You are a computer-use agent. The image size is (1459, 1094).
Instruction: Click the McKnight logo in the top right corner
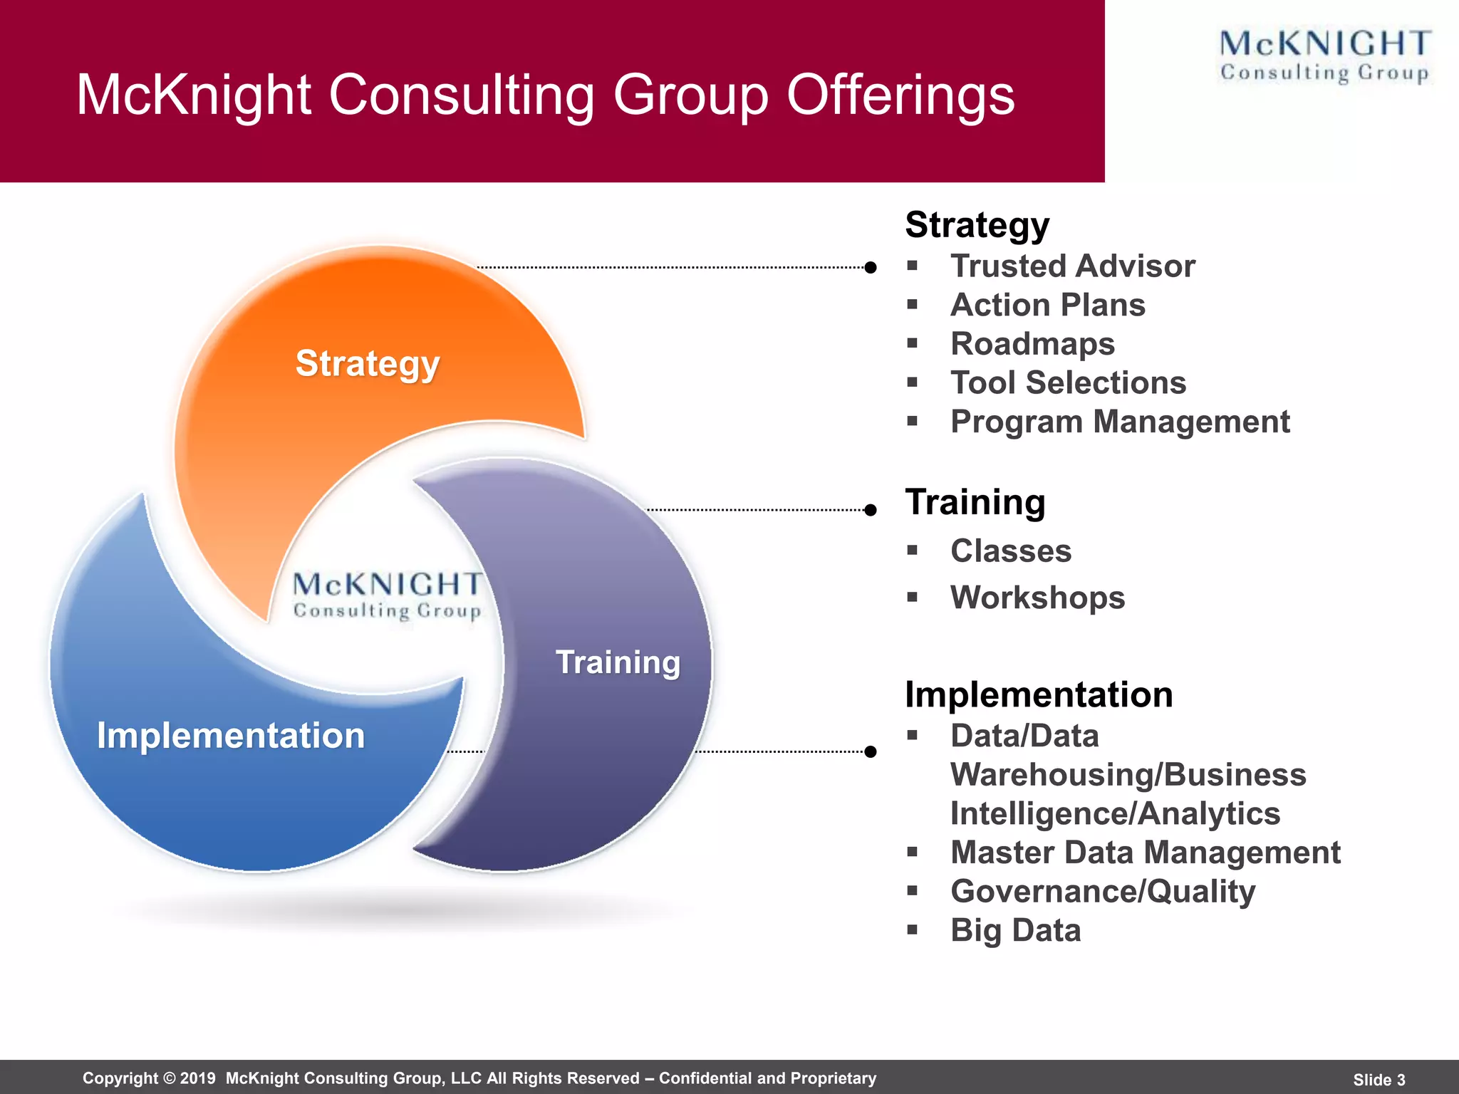[x=1324, y=56]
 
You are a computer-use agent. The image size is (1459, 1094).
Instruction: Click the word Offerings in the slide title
[x=900, y=95]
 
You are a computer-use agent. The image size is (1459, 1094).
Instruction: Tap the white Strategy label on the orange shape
[x=368, y=364]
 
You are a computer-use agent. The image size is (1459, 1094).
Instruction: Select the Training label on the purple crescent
[x=618, y=662]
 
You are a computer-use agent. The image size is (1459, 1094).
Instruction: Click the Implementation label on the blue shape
[x=231, y=736]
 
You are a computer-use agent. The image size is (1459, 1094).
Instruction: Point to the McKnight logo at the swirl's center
[x=388, y=595]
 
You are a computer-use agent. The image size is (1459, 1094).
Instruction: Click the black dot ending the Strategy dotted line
[x=870, y=268]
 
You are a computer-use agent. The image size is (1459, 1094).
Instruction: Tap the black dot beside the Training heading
[x=870, y=510]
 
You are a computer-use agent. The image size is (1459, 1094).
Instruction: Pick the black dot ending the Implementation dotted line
[x=870, y=751]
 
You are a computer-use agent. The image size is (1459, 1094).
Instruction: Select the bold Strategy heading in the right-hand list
[x=977, y=225]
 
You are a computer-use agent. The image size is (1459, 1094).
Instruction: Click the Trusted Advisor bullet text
[x=1072, y=266]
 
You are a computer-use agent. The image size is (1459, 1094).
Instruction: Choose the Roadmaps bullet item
[x=1032, y=344]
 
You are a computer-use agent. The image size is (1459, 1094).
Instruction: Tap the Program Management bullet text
[x=1120, y=422]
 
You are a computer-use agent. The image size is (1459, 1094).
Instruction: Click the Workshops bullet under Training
[x=1037, y=598]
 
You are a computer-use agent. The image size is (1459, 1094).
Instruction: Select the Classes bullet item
[x=1010, y=551]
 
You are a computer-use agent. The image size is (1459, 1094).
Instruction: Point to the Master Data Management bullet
[x=1145, y=853]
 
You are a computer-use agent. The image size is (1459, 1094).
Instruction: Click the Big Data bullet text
[x=1015, y=930]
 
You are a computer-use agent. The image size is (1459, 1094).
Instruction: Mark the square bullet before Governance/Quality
[x=913, y=890]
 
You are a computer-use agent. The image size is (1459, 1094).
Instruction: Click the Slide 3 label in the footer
[x=1378, y=1080]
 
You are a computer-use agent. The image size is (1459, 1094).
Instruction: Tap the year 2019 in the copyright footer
[x=197, y=1078]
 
